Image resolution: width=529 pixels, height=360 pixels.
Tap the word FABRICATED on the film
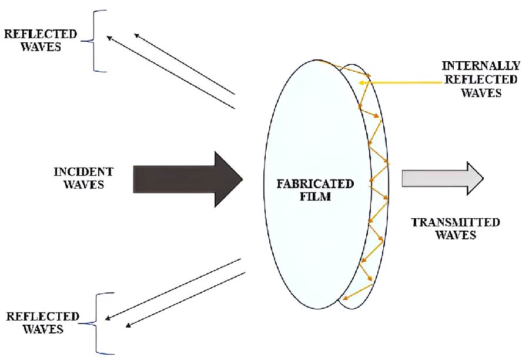315,184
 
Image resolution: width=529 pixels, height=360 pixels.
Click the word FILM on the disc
315,196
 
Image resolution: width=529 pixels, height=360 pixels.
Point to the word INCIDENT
83,172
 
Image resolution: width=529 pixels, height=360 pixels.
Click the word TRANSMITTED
456,222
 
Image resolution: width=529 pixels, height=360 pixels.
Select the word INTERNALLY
480,65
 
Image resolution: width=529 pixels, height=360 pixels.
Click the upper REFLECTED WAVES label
41,40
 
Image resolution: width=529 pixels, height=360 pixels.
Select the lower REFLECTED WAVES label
42,323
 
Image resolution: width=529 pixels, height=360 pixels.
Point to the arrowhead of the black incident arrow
229,179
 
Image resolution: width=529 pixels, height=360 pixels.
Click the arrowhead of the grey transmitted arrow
473,178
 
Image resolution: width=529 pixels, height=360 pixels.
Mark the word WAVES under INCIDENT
83,185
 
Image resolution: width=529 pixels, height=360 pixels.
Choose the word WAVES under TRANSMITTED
456,235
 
